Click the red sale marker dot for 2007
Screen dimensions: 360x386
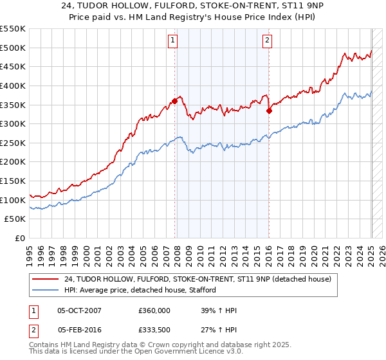175,100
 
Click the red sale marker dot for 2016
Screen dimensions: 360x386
269,111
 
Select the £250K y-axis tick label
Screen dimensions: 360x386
14,143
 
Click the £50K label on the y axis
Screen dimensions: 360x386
16,219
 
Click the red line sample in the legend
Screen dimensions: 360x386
45,279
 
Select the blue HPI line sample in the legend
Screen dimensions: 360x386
45,290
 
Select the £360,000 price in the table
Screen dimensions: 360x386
154,310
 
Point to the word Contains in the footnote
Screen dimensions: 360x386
45,345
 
